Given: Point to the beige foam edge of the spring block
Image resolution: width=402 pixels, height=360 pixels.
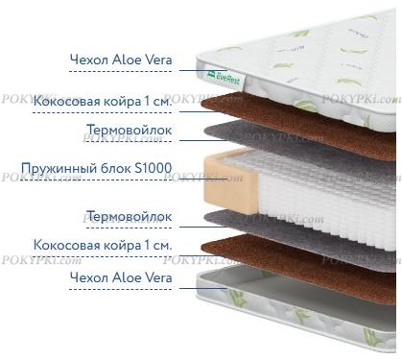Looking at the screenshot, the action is click(229, 181).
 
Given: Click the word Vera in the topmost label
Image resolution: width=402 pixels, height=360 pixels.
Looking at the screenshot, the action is click(158, 60).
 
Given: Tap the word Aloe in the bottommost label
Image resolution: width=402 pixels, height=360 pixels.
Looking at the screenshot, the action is click(127, 277).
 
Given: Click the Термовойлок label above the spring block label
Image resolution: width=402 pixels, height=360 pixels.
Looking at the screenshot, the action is click(130, 130).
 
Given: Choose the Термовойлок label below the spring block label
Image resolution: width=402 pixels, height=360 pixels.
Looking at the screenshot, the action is click(130, 217).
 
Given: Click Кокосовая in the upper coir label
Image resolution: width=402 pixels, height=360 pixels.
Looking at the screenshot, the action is click(67, 101).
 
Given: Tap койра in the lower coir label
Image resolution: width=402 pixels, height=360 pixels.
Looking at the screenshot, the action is click(123, 246).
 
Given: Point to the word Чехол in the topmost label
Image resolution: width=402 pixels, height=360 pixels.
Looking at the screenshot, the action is click(89, 60).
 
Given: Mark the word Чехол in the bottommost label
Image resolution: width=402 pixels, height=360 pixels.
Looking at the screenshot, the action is click(89, 277).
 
